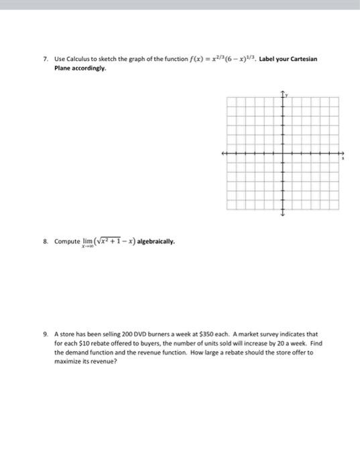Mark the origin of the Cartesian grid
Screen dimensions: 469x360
tap(283, 153)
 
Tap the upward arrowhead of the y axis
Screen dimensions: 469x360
tap(283, 92)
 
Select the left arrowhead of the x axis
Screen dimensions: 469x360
tap(223, 153)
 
